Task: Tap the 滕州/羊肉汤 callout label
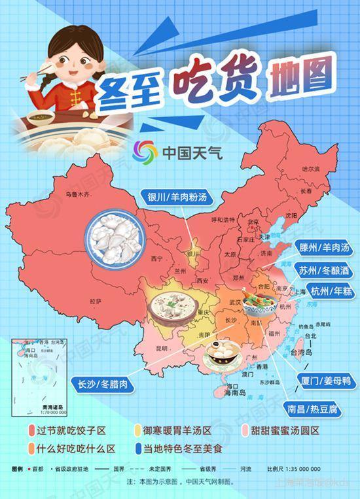pos(323,248)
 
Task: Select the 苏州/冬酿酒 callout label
pos(323,269)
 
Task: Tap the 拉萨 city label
pos(96,301)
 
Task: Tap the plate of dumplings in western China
pos(115,237)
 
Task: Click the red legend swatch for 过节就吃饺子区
pos(31,431)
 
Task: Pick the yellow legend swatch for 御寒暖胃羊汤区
pos(138,431)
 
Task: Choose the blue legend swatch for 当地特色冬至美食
pos(138,449)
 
